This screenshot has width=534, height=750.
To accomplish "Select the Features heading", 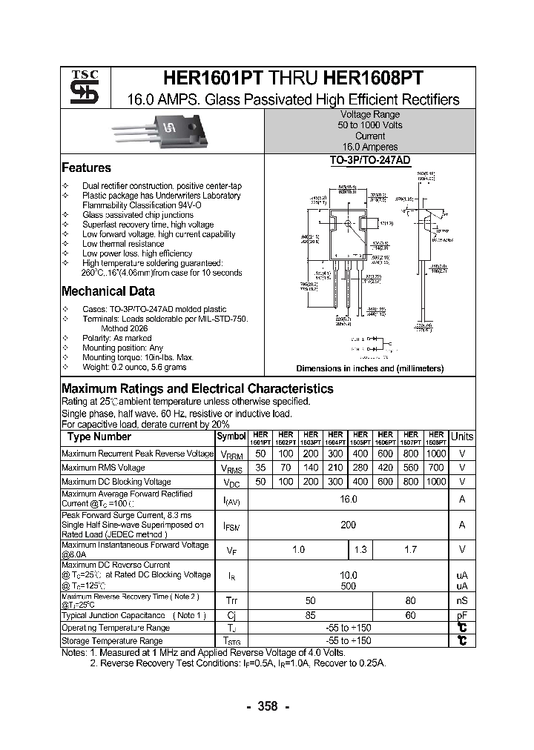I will click(86, 168).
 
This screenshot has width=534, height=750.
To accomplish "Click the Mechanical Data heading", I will click(108, 291).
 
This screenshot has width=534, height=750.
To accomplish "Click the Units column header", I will click(461, 437).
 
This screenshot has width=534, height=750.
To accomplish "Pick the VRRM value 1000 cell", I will click(436, 453).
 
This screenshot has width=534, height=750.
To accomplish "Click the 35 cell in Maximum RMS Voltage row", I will click(260, 468).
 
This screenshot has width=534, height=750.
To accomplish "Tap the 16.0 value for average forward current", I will click(348, 500).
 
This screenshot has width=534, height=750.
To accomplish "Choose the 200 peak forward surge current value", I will click(348, 525).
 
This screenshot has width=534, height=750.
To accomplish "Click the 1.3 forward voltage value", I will click(360, 550).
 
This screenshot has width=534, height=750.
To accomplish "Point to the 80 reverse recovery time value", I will click(410, 600).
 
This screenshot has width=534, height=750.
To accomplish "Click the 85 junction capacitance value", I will click(311, 615).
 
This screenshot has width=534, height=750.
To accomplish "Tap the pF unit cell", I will click(461, 615).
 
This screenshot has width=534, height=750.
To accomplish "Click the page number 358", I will click(267, 706).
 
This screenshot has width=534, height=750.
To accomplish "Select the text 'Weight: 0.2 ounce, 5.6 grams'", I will click(134, 368).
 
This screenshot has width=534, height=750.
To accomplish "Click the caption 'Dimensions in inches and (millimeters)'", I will click(369, 368).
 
